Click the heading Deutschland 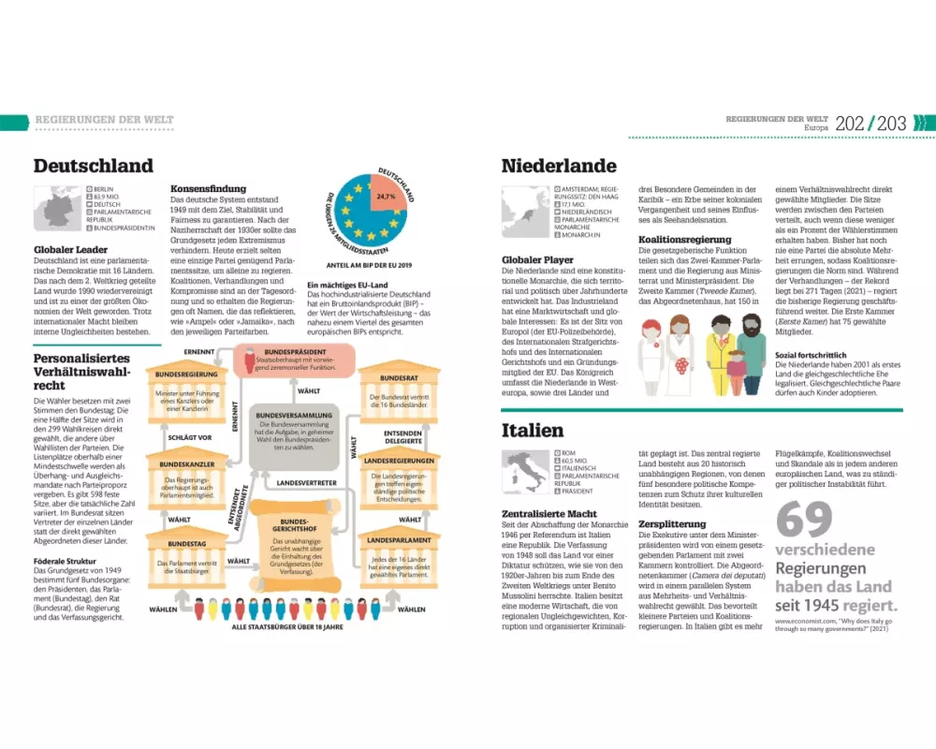coord(93,166)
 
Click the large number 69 coord(805,521)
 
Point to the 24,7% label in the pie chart coord(386,198)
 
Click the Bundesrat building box coord(399,391)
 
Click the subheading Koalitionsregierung coord(685,240)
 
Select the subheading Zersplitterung coord(673,523)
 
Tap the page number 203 coord(892,123)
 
